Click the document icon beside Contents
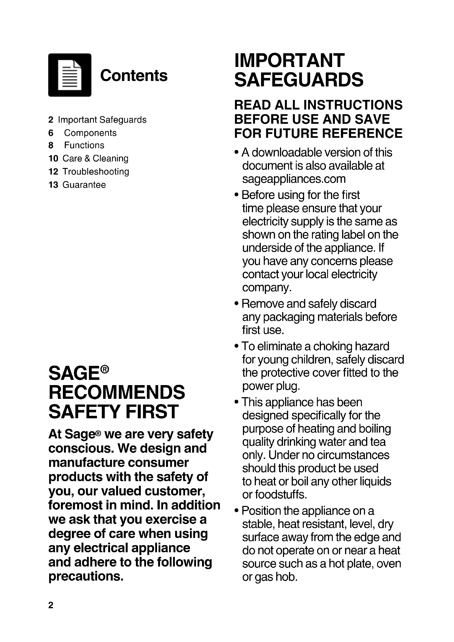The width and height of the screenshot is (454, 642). [x=70, y=75]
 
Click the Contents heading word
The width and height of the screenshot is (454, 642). [x=134, y=75]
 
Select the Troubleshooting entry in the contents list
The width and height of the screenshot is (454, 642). [x=96, y=171]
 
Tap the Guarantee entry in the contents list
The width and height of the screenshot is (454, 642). [x=84, y=184]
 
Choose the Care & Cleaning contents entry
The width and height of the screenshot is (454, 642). [x=95, y=158]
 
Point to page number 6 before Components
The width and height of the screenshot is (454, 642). [x=51, y=133]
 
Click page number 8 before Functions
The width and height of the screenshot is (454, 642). [x=51, y=145]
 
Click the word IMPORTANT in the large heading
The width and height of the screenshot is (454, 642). [x=289, y=60]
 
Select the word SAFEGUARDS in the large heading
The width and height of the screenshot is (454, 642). [x=299, y=80]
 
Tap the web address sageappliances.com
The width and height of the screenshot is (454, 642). [x=293, y=179]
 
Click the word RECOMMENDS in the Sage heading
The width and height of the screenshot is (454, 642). [x=117, y=392]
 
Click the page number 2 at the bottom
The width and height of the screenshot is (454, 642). [x=51, y=605]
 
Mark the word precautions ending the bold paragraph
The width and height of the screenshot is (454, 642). [x=86, y=576]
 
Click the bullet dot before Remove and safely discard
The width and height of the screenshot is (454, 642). [x=237, y=304]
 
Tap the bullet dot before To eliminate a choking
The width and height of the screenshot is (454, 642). [x=237, y=346]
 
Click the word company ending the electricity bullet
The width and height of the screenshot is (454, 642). [x=267, y=287]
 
